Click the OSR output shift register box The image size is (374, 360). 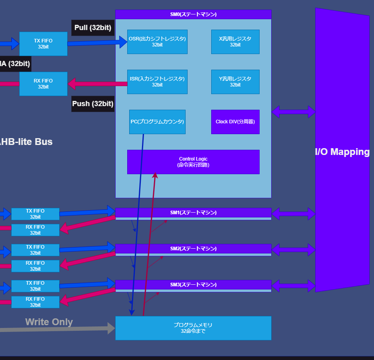[157, 42]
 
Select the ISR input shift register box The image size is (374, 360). [157, 82]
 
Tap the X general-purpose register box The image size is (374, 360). [235, 42]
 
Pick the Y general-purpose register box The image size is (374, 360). [235, 82]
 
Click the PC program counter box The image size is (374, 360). [157, 122]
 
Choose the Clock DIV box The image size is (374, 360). [235, 122]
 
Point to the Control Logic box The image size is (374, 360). [193, 162]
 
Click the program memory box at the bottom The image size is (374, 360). [193, 328]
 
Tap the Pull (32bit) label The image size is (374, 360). [93, 28]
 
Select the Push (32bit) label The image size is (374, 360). [93, 104]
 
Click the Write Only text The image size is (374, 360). [49, 322]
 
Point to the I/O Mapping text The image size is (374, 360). [342, 152]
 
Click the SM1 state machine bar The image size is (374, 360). [193, 213]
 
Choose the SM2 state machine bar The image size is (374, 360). [193, 249]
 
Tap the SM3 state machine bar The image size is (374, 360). [193, 285]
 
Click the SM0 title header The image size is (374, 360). [193, 14]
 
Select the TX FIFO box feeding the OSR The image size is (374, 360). [43, 44]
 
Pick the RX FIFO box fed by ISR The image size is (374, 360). [43, 84]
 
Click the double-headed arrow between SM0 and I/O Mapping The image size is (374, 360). [293, 112]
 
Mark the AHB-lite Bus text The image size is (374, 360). [26, 141]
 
